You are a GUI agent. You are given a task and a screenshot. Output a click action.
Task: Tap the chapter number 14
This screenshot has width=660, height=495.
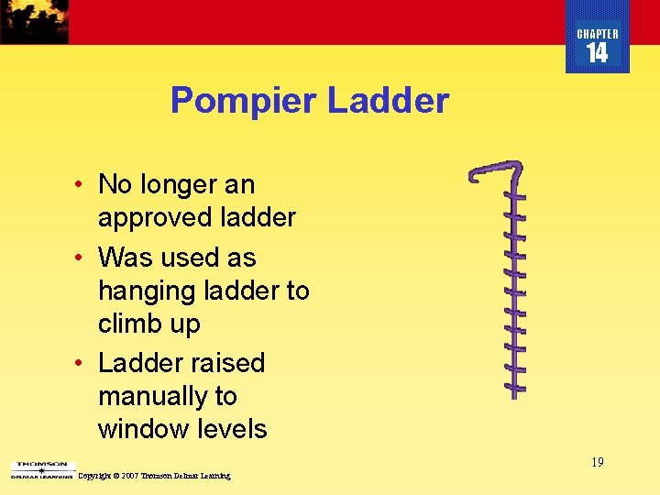coord(597,53)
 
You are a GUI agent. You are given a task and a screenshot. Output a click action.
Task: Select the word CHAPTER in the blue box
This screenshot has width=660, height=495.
coord(597,34)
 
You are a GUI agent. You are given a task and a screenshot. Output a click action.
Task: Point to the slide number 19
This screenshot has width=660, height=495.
coord(597,462)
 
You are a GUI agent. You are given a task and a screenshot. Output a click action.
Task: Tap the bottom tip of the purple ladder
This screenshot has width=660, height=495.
coord(516,393)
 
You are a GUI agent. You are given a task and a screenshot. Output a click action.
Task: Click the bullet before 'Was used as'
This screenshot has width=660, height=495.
coord(81,258)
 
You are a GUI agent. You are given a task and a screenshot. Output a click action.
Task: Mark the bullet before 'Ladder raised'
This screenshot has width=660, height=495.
coord(81,363)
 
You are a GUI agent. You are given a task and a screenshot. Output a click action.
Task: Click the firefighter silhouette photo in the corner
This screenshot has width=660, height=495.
coord(34,21)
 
